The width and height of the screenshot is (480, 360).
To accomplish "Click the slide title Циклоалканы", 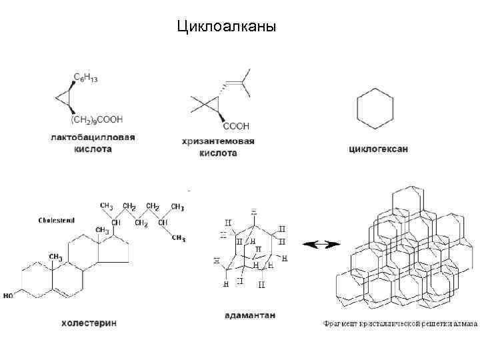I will [x=226, y=27].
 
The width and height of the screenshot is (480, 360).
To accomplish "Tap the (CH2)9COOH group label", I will [x=97, y=120].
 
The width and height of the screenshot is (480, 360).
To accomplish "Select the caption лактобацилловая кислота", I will [x=93, y=143].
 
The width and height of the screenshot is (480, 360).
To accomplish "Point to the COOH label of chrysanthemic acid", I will [x=236, y=126].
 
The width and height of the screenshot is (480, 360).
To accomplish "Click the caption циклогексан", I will [x=378, y=149].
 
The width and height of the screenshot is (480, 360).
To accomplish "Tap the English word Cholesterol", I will [x=57, y=219].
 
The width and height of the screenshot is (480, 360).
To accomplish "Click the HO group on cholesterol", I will [x=8, y=294].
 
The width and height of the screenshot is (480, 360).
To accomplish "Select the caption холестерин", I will [x=89, y=323].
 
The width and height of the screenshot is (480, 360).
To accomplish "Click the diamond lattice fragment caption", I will [x=400, y=324].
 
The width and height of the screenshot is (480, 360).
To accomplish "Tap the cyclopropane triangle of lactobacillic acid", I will [x=64, y=98].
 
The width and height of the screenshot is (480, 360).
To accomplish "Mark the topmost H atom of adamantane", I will [x=254, y=211].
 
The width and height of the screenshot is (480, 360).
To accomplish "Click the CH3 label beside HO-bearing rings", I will [x=55, y=257].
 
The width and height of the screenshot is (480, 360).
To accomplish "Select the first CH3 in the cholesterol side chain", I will [x=107, y=205].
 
